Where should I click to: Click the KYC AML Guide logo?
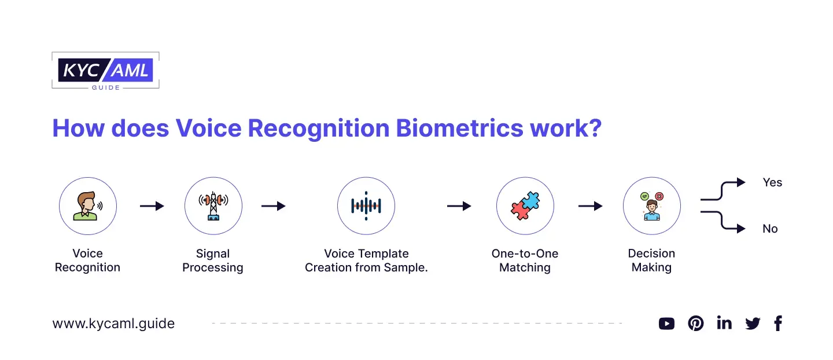coord(105,71)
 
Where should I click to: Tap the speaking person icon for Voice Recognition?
coord(88,206)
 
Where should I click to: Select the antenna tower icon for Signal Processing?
coord(213,206)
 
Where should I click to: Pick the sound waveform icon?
coord(366,206)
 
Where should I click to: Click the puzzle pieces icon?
coord(525,206)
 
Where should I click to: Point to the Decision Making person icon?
coord(652,206)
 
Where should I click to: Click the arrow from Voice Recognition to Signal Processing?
coord(152,206)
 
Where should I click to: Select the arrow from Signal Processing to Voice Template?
coord(273,206)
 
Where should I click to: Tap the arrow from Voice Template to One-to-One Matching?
coord(459,206)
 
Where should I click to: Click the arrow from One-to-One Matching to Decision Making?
coord(590,206)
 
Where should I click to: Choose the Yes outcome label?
coord(772,182)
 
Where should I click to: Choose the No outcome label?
coord(770,229)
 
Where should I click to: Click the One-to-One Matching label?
coord(525,260)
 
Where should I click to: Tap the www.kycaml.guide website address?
coord(113,324)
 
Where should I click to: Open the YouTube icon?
coord(666,324)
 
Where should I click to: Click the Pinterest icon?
coord(695,324)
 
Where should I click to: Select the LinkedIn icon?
coord(724,323)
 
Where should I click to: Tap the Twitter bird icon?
coord(753,324)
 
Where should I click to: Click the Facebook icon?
coord(778,324)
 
